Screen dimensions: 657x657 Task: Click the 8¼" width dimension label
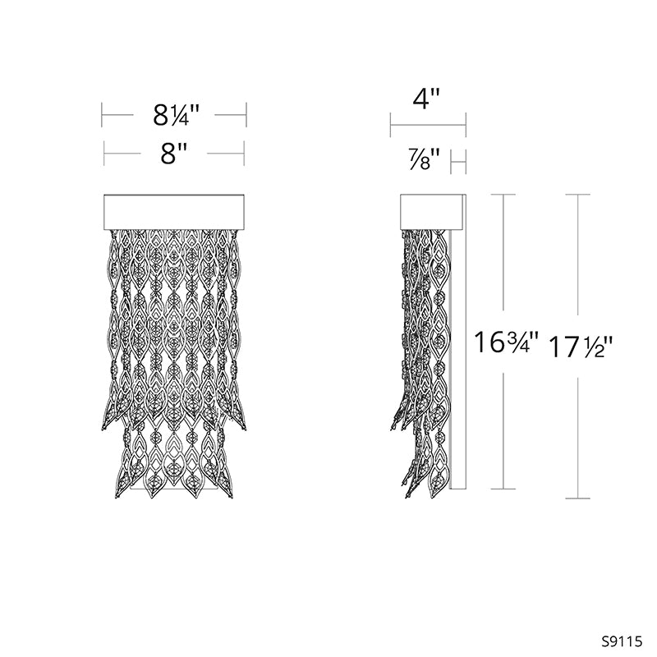coord(176,115)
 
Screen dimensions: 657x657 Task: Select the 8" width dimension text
coord(173,154)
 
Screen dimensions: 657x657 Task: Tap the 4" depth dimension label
coord(426,99)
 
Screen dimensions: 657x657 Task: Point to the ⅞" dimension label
coord(425,159)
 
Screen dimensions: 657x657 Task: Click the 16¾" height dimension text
coord(506,342)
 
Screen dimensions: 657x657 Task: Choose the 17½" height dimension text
coord(581,347)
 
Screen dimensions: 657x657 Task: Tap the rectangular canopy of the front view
coord(174,212)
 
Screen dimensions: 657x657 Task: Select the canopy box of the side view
coord(431,212)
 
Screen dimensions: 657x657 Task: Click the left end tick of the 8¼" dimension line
coord(102,115)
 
